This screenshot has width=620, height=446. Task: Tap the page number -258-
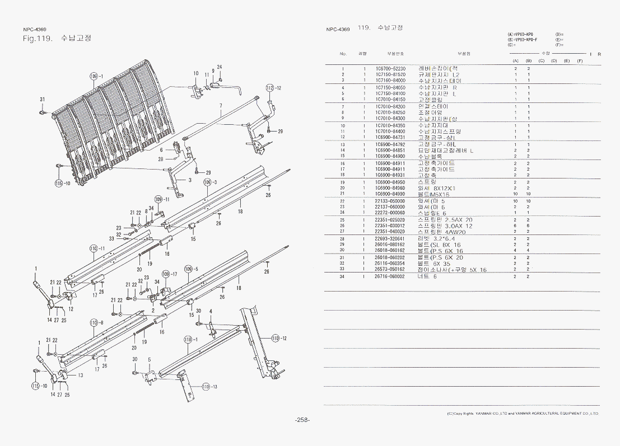pyautogui.click(x=302, y=420)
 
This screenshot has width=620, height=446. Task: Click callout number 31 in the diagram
pyautogui.click(x=43, y=100)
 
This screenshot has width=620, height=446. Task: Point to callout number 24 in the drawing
pyautogui.click(x=220, y=67)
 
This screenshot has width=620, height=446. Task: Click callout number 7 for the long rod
pyautogui.click(x=221, y=106)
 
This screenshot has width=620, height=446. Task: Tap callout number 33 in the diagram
pyautogui.click(x=112, y=238)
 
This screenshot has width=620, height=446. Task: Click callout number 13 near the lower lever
pyautogui.click(x=80, y=375)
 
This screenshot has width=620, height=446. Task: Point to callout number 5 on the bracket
pyautogui.click(x=149, y=359)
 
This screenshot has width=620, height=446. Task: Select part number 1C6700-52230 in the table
pyautogui.click(x=390, y=68)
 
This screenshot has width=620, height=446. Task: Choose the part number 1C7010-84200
pyautogui.click(x=390, y=106)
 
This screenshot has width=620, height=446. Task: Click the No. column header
pyautogui.click(x=343, y=54)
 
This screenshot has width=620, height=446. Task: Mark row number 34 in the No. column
pyautogui.click(x=343, y=276)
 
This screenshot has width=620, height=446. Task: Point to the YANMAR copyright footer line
pyautogui.click(x=522, y=414)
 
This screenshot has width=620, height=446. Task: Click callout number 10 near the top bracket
pyautogui.click(x=196, y=73)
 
